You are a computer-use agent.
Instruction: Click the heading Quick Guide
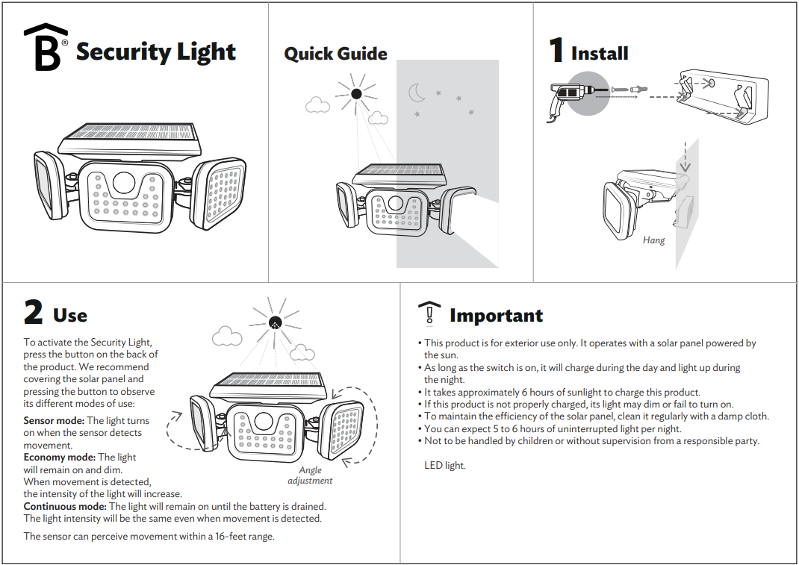[335, 54]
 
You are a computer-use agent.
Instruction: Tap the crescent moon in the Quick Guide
[416, 93]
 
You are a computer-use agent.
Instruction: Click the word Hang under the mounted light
[653, 240]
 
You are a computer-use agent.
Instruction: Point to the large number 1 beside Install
[556, 51]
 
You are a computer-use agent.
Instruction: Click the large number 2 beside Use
[34, 313]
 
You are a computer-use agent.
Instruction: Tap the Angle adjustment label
[310, 475]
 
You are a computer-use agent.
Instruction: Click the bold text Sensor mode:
[54, 421]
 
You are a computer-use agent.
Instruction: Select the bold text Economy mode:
[59, 457]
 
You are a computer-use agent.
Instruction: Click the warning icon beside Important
[429, 313]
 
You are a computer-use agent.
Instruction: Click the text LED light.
[444, 465]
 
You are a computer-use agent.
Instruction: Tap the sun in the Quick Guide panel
[356, 93]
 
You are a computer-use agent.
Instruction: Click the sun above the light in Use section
[276, 322]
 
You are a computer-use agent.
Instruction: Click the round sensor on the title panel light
[124, 183]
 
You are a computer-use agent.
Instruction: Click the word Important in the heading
[496, 316]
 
